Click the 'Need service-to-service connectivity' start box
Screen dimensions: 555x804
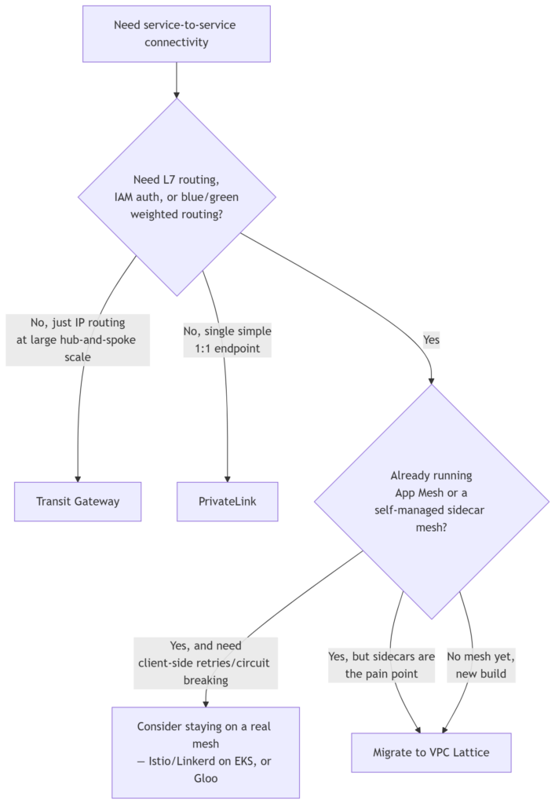pyautogui.click(x=177, y=34)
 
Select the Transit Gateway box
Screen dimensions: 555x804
pyautogui.click(x=78, y=502)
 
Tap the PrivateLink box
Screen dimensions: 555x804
pyautogui.click(x=227, y=502)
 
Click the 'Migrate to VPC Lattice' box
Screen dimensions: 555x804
pyautogui.click(x=431, y=752)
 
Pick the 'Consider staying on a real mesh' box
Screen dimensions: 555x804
pyautogui.click(x=206, y=752)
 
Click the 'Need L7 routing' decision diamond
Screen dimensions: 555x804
pyautogui.click(x=177, y=197)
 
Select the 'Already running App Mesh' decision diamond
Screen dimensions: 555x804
pyautogui.click(x=432, y=502)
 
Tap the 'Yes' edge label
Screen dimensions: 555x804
pyautogui.click(x=432, y=339)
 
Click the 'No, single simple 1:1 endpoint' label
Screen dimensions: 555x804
pyautogui.click(x=227, y=339)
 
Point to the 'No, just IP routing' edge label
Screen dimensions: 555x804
pyautogui.click(x=78, y=339)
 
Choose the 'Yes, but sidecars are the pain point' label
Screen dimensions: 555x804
pyautogui.click(x=382, y=665)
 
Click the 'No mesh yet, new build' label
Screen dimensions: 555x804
pyautogui.click(x=480, y=665)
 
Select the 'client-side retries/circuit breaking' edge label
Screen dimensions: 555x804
pyautogui.click(x=206, y=663)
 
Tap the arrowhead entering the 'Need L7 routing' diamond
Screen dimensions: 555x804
pyautogui.click(x=177, y=95)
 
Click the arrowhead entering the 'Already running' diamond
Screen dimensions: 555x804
pyautogui.click(x=432, y=381)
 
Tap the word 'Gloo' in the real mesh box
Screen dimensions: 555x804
pyautogui.click(x=206, y=778)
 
